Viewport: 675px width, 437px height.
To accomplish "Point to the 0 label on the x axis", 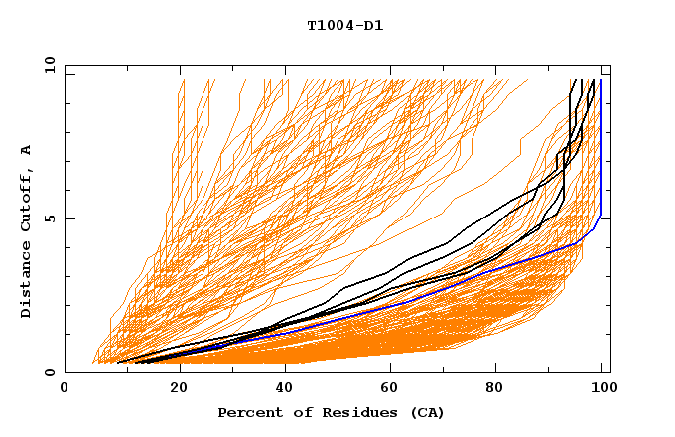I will pos(65,389).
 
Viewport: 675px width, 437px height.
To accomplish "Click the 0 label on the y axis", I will pos(49,373).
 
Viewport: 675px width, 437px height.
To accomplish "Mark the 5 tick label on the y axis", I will pos(49,218).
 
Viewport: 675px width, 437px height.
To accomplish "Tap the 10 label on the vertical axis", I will pos(46,64).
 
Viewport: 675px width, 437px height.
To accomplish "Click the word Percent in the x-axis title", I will pos(248,412).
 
